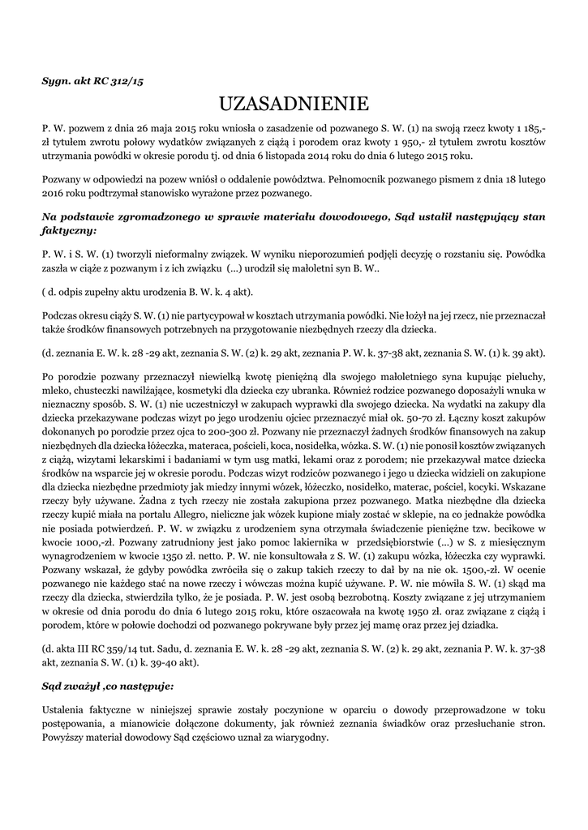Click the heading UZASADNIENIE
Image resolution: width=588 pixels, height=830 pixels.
coord(294,104)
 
